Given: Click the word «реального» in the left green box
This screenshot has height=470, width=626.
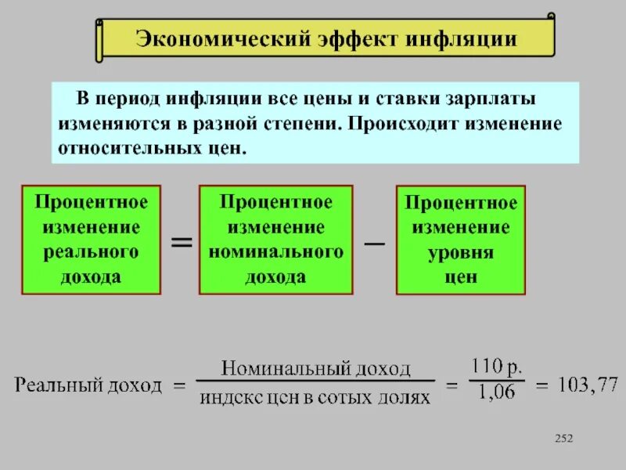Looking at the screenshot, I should tap(92, 251).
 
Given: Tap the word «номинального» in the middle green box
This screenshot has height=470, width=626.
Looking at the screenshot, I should tap(275, 251).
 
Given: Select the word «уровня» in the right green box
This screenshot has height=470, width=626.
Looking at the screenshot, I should tap(461, 253).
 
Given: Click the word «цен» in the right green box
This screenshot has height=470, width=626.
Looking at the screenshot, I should tap(461, 277).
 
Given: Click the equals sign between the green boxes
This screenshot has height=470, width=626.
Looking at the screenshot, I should tap(181, 242).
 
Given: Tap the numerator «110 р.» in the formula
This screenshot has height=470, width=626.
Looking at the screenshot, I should tap(495, 367).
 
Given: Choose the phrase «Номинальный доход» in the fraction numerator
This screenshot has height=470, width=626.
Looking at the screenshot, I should tap(315, 368).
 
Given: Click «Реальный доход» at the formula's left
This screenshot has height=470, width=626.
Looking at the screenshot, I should tap(88, 385).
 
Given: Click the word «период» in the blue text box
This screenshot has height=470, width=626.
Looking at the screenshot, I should tap(128, 101).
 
